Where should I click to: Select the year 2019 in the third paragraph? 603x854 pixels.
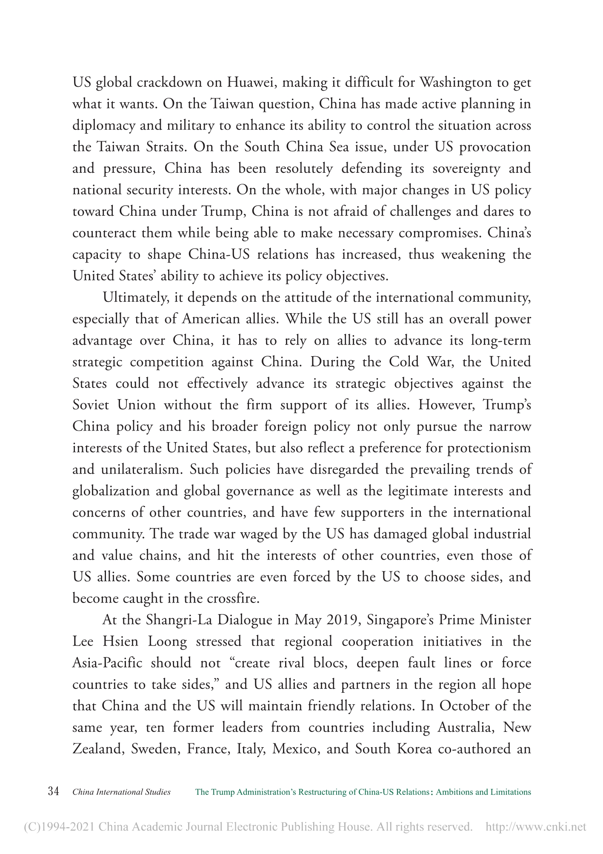coord(341,620)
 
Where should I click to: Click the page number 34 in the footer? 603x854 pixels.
coord(53,792)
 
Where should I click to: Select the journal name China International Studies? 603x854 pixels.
coord(122,792)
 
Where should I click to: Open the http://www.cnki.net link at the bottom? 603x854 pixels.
coord(535,828)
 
